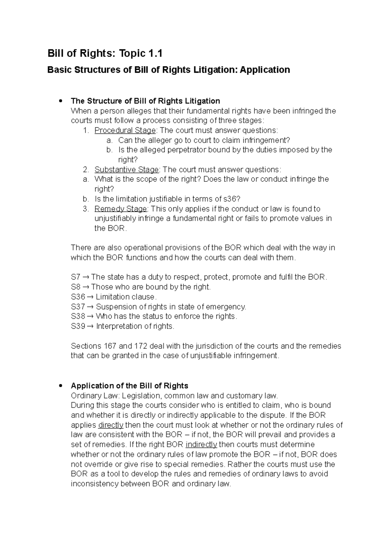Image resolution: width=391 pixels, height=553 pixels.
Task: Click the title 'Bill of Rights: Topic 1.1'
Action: (x=105, y=53)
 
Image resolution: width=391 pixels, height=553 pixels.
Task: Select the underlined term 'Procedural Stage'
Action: (x=125, y=131)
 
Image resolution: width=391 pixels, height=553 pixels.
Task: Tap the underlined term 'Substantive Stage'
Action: (x=126, y=170)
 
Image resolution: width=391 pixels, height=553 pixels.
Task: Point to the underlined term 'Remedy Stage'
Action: (x=121, y=209)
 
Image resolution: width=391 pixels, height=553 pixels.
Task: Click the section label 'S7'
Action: (x=75, y=277)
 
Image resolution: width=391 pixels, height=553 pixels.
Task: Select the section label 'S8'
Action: (x=75, y=287)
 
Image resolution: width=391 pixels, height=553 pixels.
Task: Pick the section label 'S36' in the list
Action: (x=78, y=297)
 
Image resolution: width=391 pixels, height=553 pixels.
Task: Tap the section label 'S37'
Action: (x=78, y=306)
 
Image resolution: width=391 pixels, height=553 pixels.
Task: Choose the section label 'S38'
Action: (x=78, y=316)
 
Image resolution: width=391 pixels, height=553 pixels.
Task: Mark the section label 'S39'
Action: (x=78, y=326)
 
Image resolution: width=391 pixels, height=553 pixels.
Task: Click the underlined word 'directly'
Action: (x=111, y=425)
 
